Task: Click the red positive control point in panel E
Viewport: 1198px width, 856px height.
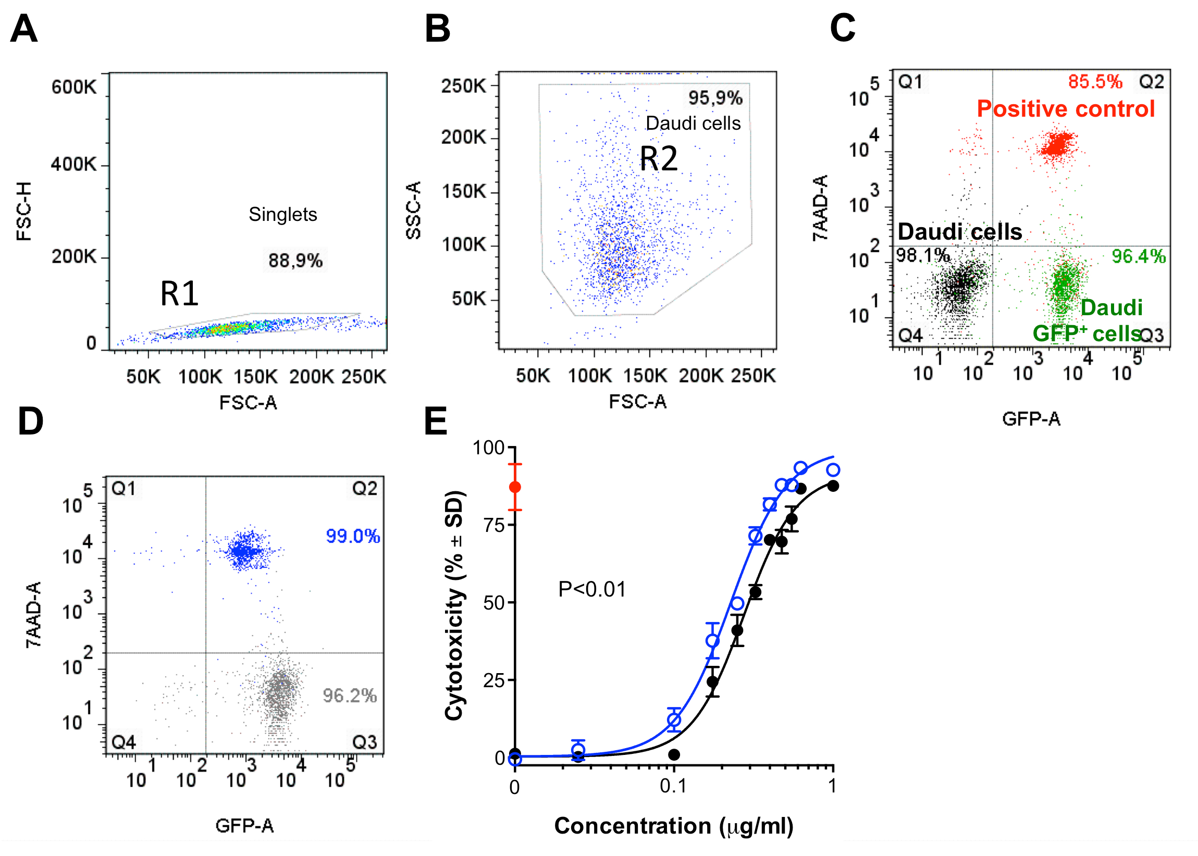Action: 515,487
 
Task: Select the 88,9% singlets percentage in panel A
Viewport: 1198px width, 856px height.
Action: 295,260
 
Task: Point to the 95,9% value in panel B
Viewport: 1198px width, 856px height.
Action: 715,97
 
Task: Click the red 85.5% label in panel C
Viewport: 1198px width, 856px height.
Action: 1095,82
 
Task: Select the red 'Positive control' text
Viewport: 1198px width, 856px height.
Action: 1065,108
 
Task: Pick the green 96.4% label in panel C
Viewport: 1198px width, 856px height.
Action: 1138,256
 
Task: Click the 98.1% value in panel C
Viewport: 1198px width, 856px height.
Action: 922,256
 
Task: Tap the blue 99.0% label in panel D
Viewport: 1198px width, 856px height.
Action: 353,536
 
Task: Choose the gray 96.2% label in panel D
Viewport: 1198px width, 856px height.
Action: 350,695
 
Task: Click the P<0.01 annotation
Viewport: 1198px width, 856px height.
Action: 592,589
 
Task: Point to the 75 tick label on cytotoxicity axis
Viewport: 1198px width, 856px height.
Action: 494,525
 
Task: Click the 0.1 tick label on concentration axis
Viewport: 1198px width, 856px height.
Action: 673,786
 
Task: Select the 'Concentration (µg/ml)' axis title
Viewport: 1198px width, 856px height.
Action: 673,826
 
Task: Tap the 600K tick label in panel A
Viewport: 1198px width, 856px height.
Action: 74,87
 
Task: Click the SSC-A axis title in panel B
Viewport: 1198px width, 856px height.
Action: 413,210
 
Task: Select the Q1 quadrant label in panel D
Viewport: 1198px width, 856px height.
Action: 123,489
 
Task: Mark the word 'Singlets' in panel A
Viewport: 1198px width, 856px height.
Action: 282,215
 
